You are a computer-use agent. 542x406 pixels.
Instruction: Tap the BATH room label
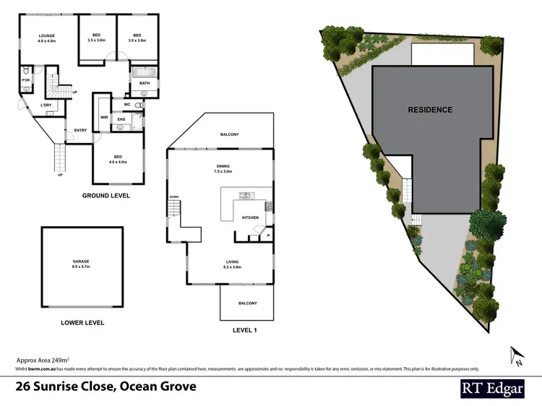tap(145, 83)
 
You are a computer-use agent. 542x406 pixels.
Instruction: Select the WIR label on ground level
tap(103, 116)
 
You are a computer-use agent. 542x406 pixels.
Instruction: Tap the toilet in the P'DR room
tap(25, 72)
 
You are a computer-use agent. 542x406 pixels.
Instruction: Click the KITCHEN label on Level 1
tap(250, 217)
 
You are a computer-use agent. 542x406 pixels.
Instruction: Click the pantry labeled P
tap(267, 235)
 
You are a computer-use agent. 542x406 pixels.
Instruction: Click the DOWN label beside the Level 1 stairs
tap(173, 196)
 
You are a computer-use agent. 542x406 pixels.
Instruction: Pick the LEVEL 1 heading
tap(245, 330)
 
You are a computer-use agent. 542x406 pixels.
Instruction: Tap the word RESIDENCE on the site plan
tap(430, 110)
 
